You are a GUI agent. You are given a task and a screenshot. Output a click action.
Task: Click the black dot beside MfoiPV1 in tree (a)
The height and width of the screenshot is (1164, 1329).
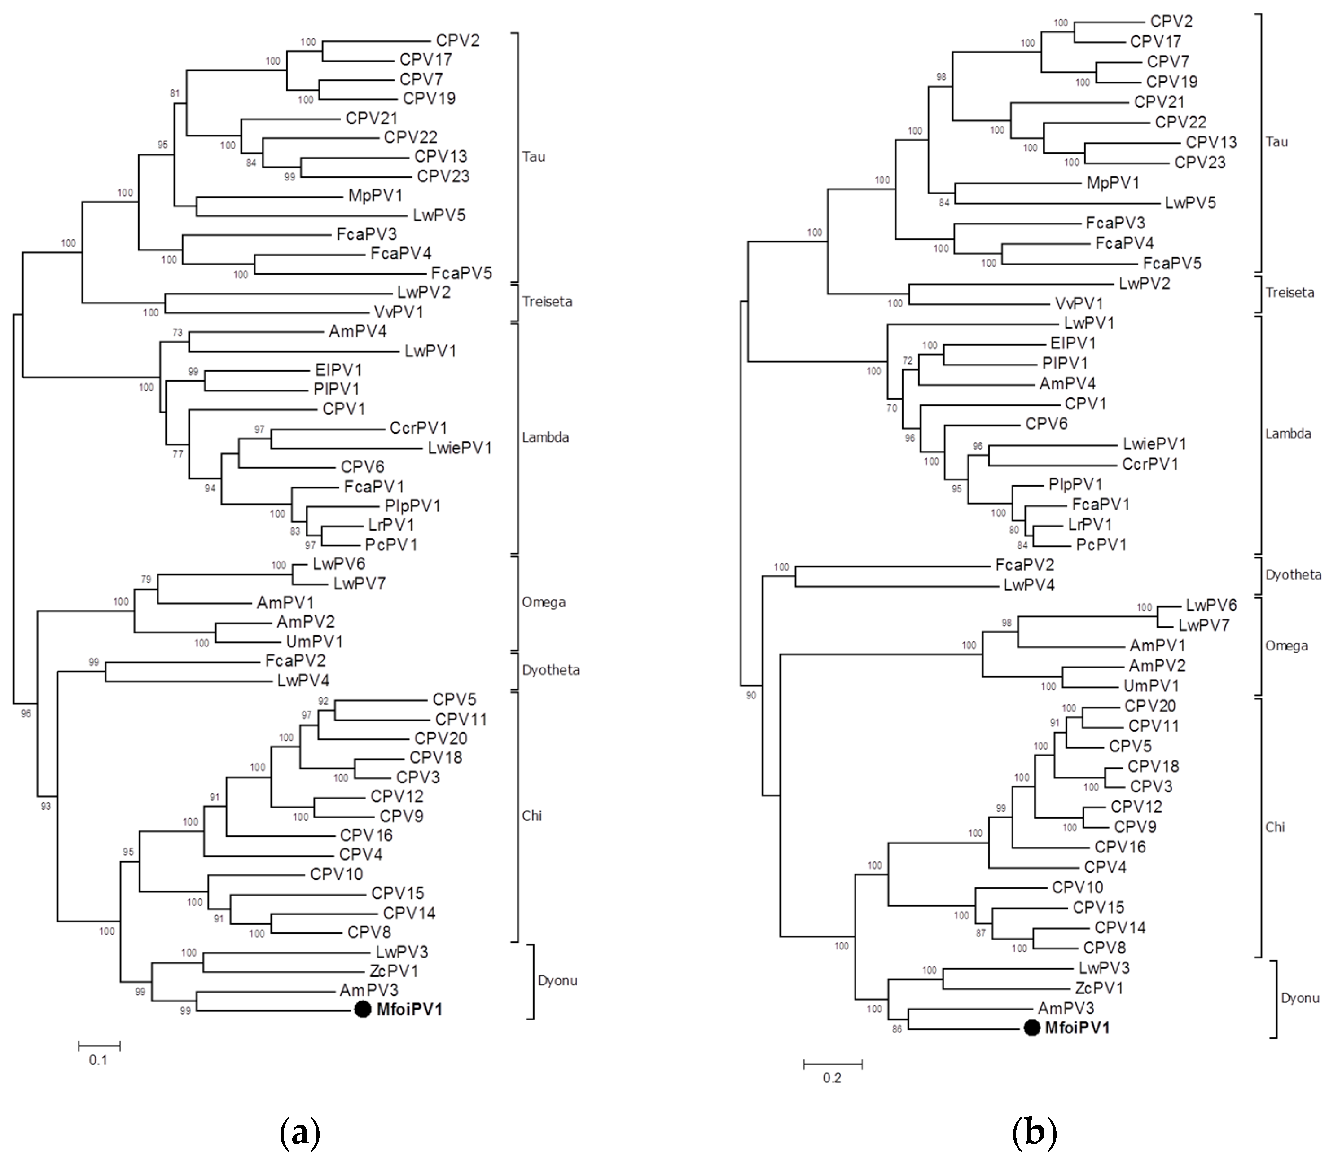click(363, 1010)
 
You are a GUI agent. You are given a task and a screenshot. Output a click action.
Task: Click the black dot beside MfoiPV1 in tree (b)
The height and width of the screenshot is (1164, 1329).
click(1031, 1028)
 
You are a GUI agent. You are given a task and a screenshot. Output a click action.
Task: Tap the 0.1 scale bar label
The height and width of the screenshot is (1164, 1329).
click(98, 1060)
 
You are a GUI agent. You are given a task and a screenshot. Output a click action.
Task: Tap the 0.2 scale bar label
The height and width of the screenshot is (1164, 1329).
click(832, 1078)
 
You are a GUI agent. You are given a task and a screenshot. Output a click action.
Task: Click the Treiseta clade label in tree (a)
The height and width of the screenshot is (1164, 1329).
click(547, 301)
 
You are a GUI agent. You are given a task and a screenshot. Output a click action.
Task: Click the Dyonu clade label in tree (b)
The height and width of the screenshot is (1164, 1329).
click(1300, 998)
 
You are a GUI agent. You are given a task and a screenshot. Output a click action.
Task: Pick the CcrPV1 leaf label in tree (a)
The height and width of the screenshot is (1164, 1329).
click(418, 428)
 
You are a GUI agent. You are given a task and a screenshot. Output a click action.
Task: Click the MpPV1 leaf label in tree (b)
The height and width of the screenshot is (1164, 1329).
click(1113, 183)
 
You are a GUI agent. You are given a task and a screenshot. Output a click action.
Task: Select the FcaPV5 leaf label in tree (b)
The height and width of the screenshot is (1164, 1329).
click(1172, 263)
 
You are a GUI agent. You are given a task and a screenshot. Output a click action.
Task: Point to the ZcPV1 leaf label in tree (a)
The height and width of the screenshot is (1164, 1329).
click(394, 971)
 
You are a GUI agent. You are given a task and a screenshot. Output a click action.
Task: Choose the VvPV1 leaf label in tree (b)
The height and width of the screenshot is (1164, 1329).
click(1079, 303)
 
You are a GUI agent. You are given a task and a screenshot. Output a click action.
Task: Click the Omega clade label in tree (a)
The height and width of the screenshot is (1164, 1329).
click(543, 602)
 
